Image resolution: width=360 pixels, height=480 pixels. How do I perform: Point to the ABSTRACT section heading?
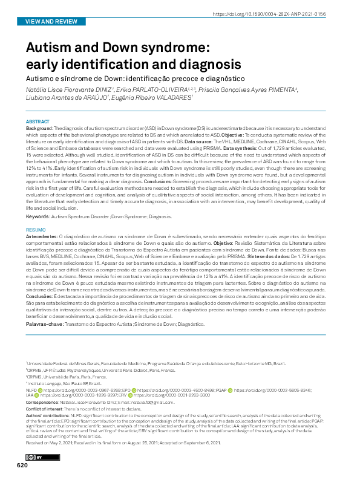pyautogui.click(x=38, y=122)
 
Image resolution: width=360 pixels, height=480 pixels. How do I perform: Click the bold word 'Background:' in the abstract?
pyautogui.click(x=39, y=129)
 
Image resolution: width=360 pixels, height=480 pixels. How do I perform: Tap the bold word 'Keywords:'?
pyautogui.click(x=38, y=216)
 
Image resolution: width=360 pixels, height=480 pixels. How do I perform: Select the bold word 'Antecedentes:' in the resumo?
pyautogui.click(x=42, y=238)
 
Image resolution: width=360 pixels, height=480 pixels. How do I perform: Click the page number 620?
pyautogui.click(x=22, y=465)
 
